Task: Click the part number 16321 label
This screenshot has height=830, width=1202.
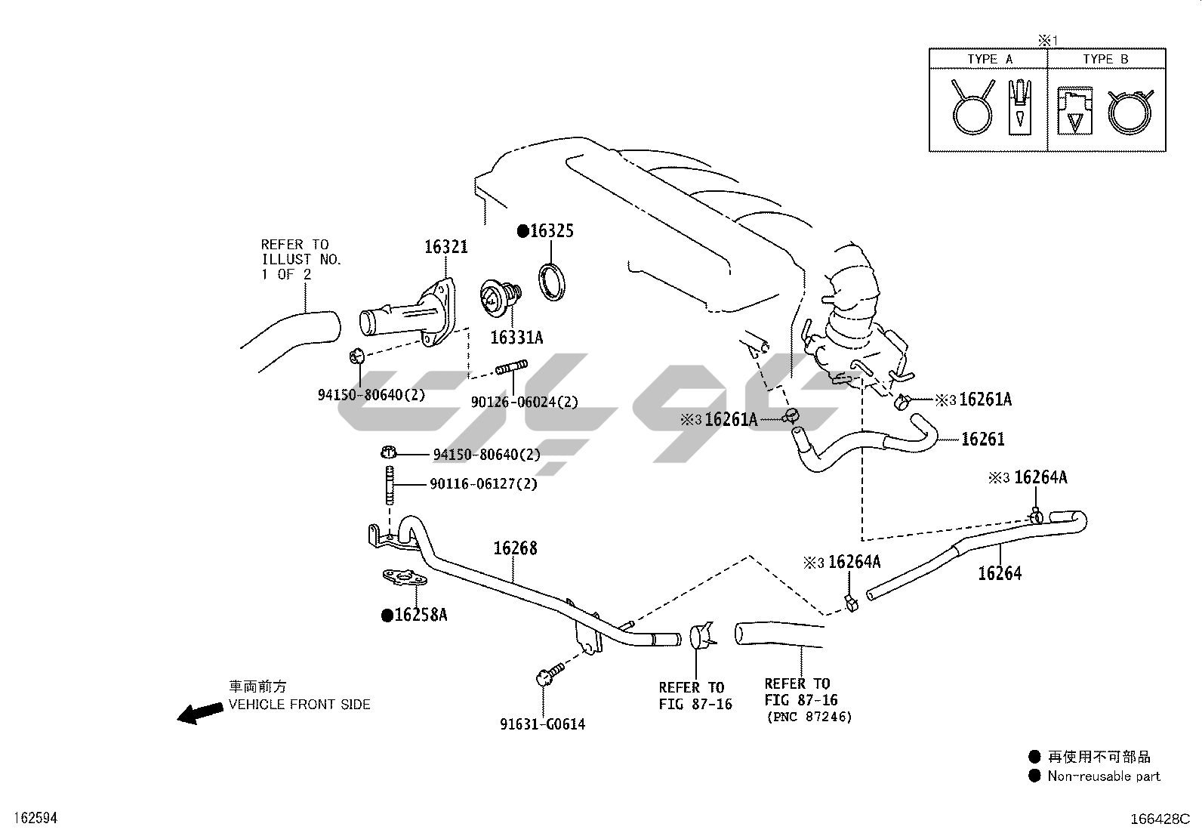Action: (x=445, y=247)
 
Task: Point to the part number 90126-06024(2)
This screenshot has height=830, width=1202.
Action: (x=524, y=403)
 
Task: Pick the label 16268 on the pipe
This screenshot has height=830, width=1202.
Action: (x=516, y=548)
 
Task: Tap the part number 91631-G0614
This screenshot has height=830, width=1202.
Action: (x=542, y=724)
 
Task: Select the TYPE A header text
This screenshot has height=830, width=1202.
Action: (x=990, y=59)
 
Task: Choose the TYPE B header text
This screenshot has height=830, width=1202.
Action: (x=1105, y=59)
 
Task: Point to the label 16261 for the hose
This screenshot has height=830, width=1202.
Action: (x=982, y=439)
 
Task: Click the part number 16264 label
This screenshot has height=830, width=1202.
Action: (x=1000, y=574)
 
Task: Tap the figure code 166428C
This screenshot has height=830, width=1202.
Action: (x=1160, y=819)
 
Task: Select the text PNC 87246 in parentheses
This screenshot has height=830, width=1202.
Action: (x=809, y=717)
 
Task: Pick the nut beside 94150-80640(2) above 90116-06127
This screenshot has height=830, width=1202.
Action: (x=388, y=452)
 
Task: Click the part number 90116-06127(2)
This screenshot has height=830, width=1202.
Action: (x=483, y=483)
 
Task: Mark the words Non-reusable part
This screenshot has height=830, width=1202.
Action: (x=1103, y=776)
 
